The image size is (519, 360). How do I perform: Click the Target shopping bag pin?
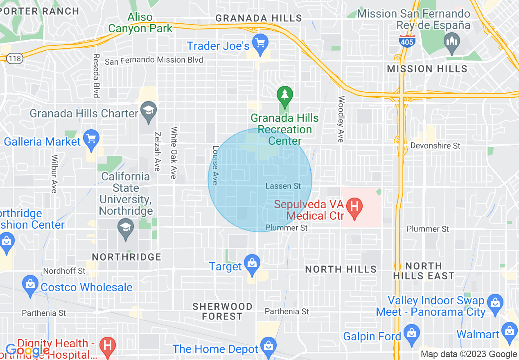point(252,264)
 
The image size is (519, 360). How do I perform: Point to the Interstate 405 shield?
point(407,41)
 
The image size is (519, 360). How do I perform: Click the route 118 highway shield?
point(15,59)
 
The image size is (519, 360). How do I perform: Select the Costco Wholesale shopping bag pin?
point(30,285)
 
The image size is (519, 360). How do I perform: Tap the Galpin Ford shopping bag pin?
point(411,334)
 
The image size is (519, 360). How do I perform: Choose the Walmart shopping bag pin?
point(510,332)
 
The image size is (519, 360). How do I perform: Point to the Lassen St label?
point(283,186)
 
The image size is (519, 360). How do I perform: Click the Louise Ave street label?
point(215,165)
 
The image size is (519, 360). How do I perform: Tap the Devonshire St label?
point(435,146)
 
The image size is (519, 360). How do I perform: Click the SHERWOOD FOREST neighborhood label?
point(222,311)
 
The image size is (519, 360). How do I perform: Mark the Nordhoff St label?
point(64,271)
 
